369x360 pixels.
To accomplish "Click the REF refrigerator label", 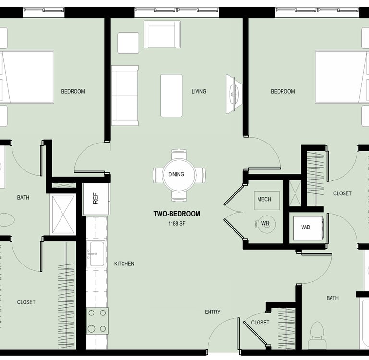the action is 95,198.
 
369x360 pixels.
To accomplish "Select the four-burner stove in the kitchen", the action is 97,321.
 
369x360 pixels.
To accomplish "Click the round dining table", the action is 179,175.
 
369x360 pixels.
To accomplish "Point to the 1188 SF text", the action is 176,224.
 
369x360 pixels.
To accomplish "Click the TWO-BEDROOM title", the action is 177,214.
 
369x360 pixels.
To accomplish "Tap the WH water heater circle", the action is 266,224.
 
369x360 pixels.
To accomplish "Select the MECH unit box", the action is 267,200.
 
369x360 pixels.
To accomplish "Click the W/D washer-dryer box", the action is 307,228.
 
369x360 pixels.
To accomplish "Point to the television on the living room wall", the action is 234,94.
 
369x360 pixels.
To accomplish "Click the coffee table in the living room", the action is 172,96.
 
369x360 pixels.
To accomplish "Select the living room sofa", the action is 125,96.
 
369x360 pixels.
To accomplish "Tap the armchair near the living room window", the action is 162,35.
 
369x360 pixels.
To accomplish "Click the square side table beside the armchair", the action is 128,43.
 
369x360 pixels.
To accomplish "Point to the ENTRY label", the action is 212,312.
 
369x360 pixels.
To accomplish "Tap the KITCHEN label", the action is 124,264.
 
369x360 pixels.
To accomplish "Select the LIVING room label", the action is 199,91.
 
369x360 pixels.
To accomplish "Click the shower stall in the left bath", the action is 63,215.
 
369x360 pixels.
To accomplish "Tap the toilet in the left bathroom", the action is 7,220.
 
